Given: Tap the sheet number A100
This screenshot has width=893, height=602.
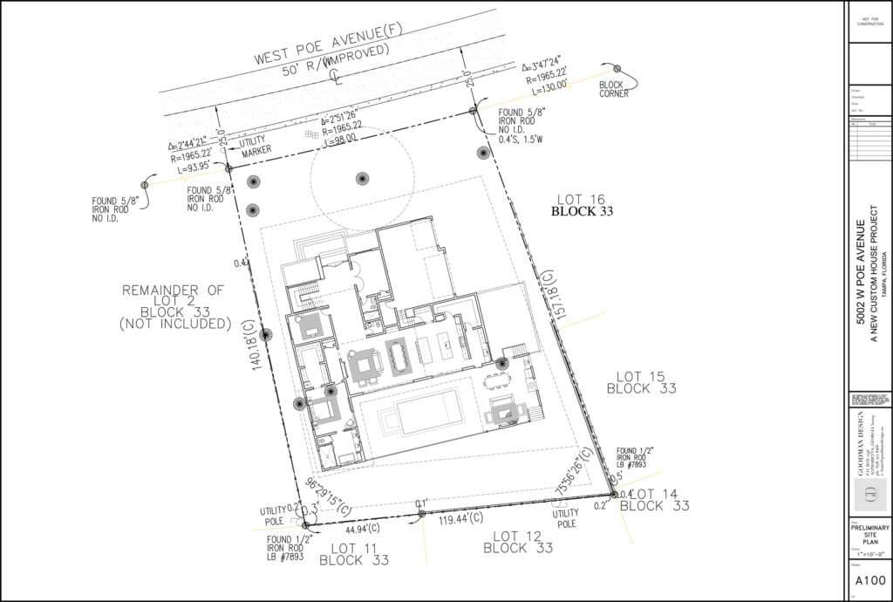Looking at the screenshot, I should pos(869,581).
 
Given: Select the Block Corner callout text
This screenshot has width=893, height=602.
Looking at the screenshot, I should pos(613,89).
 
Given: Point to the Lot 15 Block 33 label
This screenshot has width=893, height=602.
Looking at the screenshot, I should pos(641,382).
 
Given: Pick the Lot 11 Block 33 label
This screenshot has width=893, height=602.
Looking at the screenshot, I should pos(354,554).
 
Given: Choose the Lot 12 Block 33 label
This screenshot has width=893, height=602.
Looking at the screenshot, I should pos(518,542).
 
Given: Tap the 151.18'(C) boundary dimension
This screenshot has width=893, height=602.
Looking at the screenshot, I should pos(548,297).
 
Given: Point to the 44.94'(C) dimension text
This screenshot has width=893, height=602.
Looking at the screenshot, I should pos(363,528).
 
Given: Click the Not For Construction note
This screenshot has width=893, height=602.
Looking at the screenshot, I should pos(869,21).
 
